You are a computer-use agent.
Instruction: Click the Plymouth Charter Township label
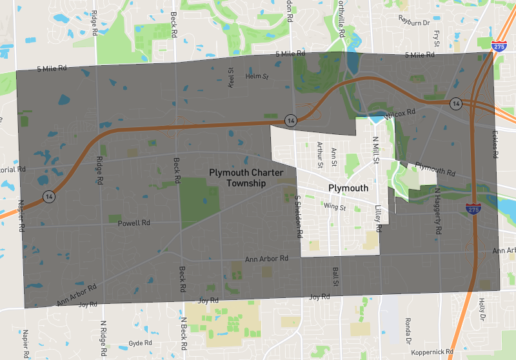(x=237, y=178)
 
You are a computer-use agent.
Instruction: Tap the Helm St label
(x=257, y=76)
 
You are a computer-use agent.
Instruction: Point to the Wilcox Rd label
(x=401, y=115)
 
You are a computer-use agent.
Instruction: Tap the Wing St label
(x=335, y=208)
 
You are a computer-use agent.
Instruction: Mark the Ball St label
(x=335, y=278)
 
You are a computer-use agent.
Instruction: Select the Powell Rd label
(x=134, y=223)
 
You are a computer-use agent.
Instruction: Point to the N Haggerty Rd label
(x=438, y=211)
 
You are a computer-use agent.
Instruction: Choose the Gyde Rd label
(x=139, y=343)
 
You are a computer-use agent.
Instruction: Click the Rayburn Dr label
(x=414, y=22)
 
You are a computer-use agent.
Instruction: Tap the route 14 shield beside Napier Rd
(x=48, y=195)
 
